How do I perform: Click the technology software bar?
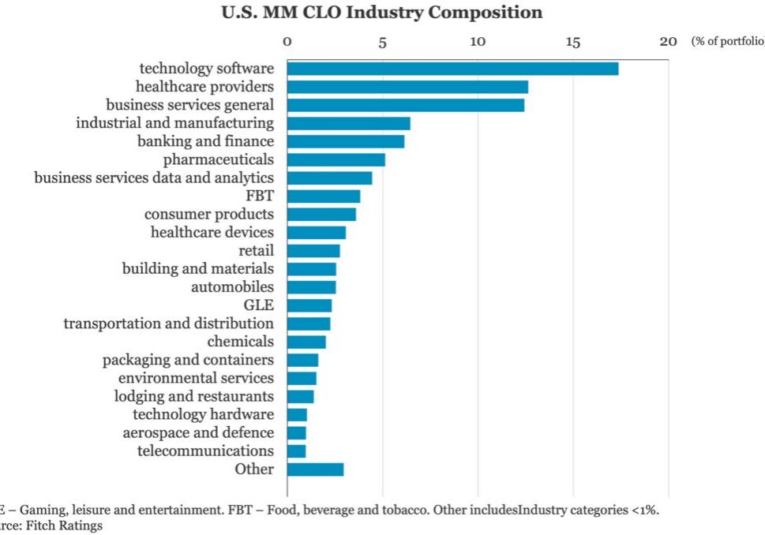pyautogui.click(x=452, y=69)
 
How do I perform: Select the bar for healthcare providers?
pyautogui.click(x=407, y=87)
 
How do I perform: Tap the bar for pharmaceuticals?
pyautogui.click(x=336, y=159)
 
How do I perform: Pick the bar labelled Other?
pyautogui.click(x=315, y=470)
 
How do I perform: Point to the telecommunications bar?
pyautogui.click(x=297, y=451)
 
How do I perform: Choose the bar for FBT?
pyautogui.click(x=324, y=196)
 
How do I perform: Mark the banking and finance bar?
pyautogui.click(x=346, y=141)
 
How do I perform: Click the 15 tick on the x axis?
pyautogui.click(x=573, y=41)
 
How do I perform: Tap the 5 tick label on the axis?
pyautogui.click(x=383, y=41)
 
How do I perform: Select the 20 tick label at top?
pyautogui.click(x=668, y=41)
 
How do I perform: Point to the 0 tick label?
pyautogui.click(x=287, y=41)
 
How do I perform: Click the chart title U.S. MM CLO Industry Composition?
pyautogui.click(x=381, y=13)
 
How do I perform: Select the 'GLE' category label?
pyautogui.click(x=259, y=305)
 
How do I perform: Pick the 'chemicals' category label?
pyautogui.click(x=241, y=342)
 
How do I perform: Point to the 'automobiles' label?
pyautogui.click(x=233, y=287)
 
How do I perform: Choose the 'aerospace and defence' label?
pyautogui.click(x=198, y=433)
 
